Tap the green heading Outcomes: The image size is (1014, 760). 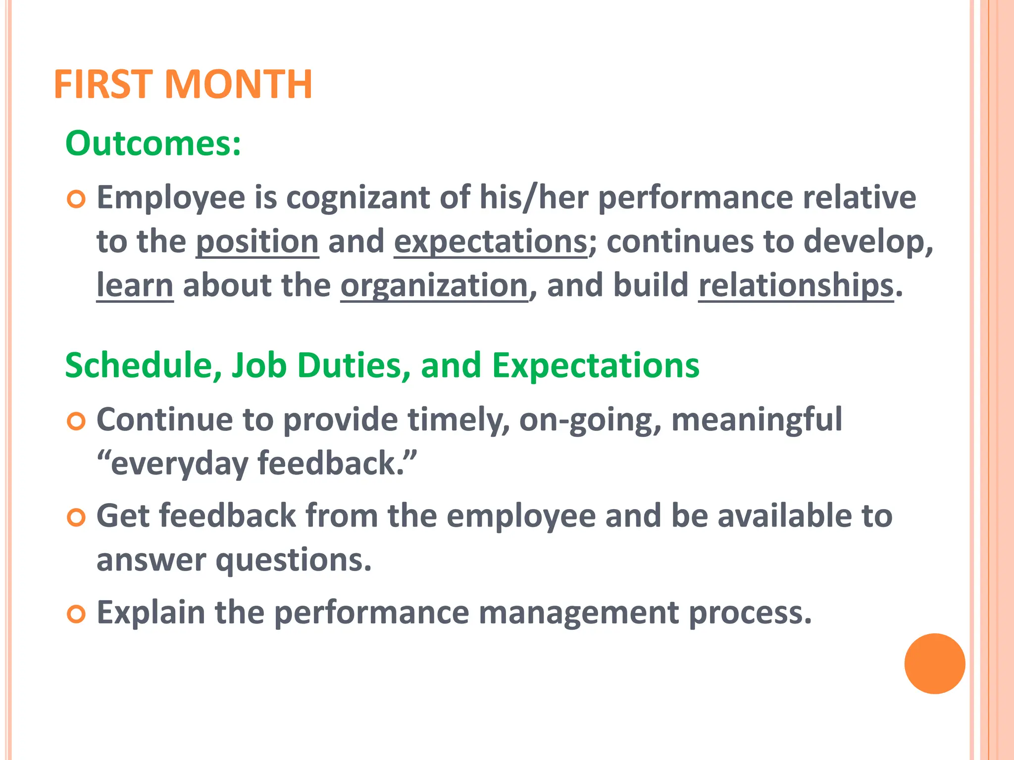coord(153,143)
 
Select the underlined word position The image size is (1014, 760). coord(257,242)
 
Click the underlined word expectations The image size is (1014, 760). coord(491,242)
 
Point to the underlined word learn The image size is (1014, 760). coord(135,286)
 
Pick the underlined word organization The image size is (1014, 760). coord(434,286)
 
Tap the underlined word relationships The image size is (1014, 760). coord(796,286)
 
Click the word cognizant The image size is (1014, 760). coord(358,198)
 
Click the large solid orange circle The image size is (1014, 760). coord(934,664)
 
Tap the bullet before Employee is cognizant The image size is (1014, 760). coord(76,199)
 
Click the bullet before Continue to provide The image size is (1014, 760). coord(76,422)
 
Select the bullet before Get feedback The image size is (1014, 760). coord(76,518)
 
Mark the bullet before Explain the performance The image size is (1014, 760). coord(76,615)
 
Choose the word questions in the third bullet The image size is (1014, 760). coord(294,561)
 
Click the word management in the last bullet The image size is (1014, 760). coord(578,613)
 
